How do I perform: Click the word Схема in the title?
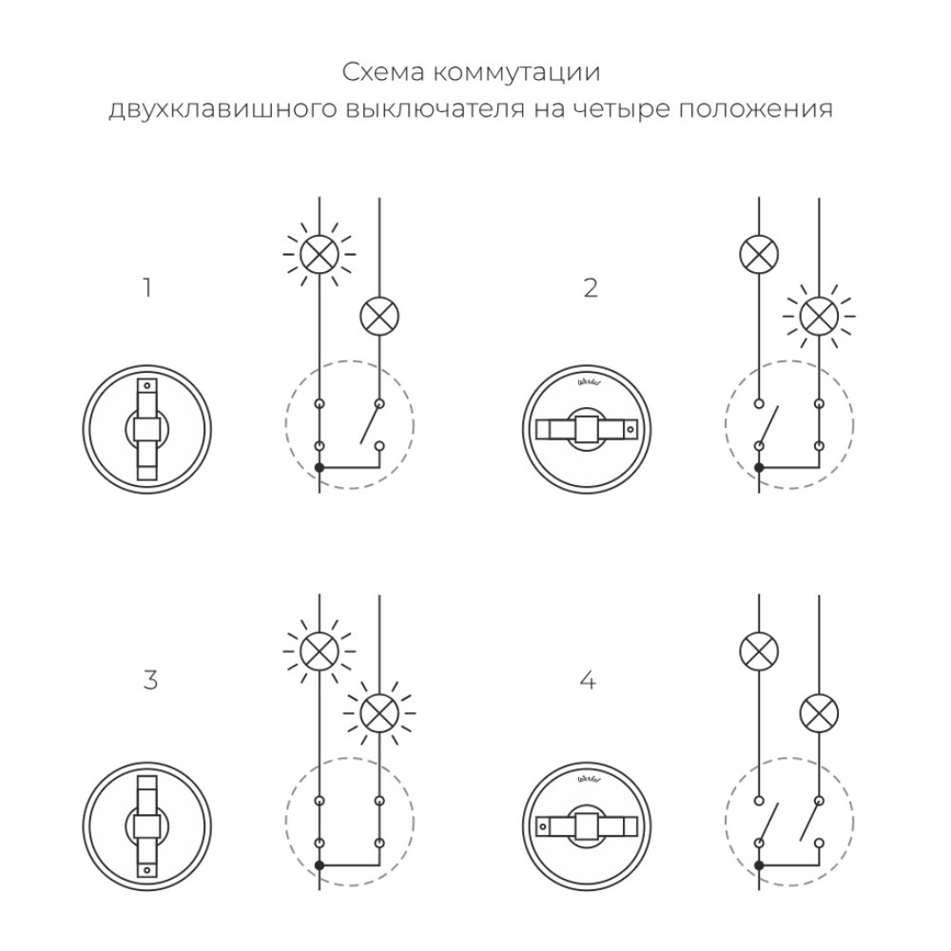tap(375, 73)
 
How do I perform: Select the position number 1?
tap(146, 287)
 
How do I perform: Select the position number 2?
tap(591, 287)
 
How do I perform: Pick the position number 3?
tap(149, 681)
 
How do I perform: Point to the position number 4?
tap(589, 681)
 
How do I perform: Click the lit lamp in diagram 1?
tap(319, 254)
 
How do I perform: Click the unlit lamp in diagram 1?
tap(378, 317)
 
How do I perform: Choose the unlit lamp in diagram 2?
tap(759, 254)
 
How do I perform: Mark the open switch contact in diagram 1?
tap(369, 425)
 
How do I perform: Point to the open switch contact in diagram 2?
tap(768, 425)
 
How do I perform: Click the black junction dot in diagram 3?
tap(320, 864)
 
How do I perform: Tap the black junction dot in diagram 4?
tap(759, 864)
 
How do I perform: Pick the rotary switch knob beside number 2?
tap(585, 429)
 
